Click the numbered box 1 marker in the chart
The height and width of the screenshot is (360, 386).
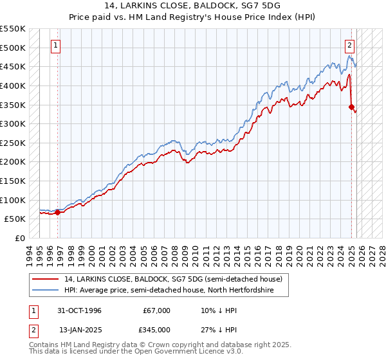(x=57, y=46)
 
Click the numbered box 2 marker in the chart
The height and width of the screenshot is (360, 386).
(x=349, y=46)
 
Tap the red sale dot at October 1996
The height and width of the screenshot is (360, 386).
(x=58, y=212)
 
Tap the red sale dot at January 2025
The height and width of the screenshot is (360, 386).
(x=351, y=107)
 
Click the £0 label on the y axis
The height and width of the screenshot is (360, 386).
(x=20, y=238)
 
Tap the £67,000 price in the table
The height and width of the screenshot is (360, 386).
(x=157, y=310)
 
